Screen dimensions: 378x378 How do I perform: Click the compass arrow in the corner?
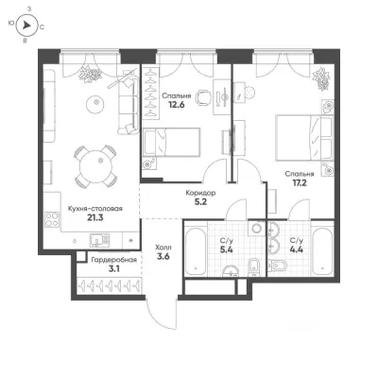(26, 25)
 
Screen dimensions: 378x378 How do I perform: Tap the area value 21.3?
(95, 217)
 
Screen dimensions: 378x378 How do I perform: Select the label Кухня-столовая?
(95, 209)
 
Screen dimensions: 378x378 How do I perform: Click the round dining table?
(95, 166)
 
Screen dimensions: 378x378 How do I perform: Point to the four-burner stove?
(52, 219)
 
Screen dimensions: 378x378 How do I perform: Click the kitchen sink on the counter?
(99, 241)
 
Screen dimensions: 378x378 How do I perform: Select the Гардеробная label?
(113, 260)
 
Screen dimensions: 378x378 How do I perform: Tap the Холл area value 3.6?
(163, 256)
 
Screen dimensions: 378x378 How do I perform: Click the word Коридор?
(200, 193)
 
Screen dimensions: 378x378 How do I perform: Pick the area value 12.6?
(177, 105)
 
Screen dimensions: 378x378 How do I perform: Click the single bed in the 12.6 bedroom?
(172, 142)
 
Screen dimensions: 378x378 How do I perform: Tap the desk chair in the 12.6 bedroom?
(202, 97)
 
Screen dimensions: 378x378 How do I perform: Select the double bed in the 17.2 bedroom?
(304, 138)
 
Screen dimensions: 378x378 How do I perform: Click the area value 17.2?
(300, 182)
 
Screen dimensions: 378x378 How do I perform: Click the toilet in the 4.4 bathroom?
(277, 266)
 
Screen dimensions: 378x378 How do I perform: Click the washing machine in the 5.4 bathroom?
(257, 228)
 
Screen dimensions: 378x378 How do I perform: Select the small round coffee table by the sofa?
(95, 103)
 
